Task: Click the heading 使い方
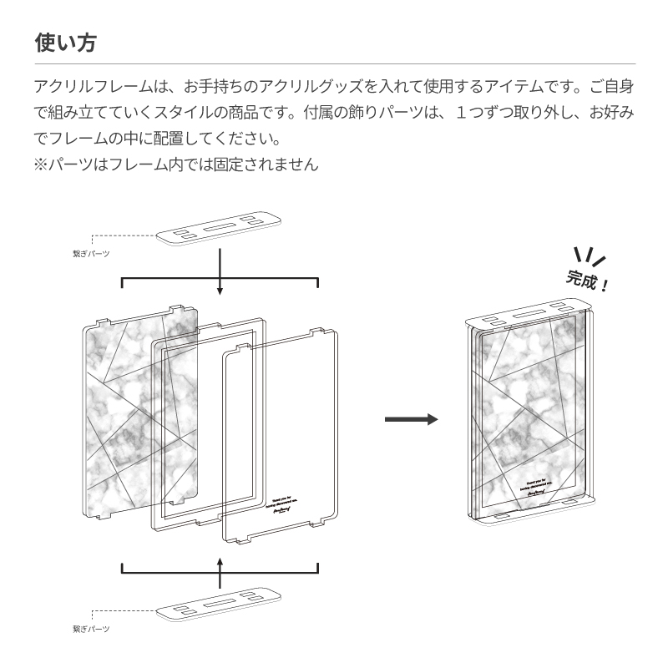coord(65,43)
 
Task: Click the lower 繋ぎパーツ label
coord(91,627)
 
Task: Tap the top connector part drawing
coord(220,227)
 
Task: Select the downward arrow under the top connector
coord(220,271)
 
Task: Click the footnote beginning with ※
coord(177,164)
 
